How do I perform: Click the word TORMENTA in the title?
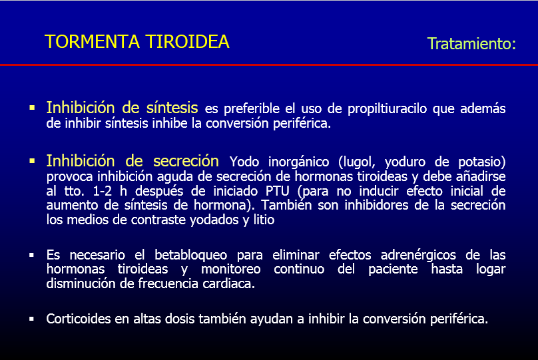[93, 42]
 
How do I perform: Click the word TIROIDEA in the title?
[187, 42]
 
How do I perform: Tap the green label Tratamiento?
[471, 44]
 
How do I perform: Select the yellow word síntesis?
[172, 108]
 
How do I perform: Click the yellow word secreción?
[186, 161]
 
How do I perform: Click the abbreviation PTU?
[277, 191]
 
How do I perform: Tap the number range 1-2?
[103, 191]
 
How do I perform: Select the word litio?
[264, 220]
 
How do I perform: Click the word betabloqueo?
[191, 255]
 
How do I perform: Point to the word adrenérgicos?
[418, 256]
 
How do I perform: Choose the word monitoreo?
[230, 269]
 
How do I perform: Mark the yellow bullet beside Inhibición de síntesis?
[32, 108]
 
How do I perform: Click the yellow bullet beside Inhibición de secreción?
[32, 161]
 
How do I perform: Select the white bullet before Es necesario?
[31, 255]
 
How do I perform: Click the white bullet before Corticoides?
[31, 319]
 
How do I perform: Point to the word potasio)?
[481, 162]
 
